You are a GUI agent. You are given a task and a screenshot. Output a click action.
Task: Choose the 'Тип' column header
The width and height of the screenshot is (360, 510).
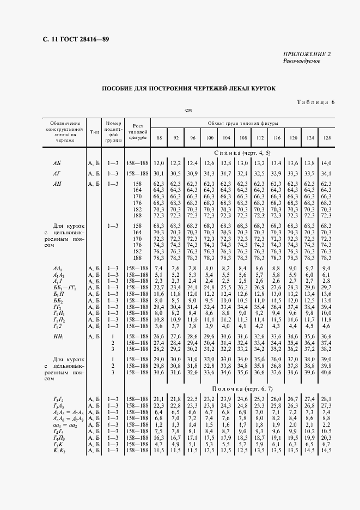coord(94,132)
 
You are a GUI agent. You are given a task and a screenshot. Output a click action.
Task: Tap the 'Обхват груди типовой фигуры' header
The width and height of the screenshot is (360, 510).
coord(242,124)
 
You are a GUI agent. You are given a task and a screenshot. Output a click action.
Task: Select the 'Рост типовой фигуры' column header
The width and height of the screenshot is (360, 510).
coord(137,132)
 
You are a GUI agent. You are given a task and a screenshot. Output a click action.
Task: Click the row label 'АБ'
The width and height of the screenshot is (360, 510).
coord(57,163)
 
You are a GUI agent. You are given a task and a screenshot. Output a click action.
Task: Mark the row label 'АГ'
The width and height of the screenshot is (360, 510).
coord(57,173)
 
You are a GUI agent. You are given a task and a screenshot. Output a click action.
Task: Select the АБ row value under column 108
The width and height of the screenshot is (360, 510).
coord(242,163)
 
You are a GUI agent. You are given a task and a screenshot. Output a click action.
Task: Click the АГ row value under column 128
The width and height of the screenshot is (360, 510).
coord(326,173)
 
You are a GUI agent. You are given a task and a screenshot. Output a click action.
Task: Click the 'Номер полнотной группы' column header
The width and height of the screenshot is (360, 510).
coord(113,132)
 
